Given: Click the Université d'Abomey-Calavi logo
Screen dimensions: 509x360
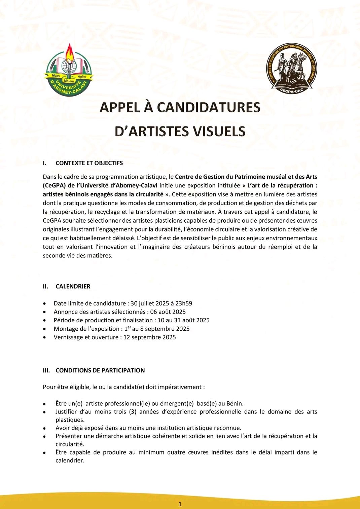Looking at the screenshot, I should click(x=69, y=71).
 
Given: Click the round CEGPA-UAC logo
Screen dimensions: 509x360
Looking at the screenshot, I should click(x=292, y=69).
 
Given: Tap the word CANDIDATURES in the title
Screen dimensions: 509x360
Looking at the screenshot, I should click(x=209, y=107).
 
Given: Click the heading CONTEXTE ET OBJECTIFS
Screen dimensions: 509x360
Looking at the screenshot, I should click(x=89, y=163).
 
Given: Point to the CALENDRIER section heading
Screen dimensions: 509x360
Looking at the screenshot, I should click(x=73, y=287).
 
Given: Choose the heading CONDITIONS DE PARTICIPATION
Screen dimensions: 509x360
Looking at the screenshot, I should click(x=100, y=370).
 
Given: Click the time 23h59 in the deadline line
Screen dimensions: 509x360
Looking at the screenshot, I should click(x=184, y=303).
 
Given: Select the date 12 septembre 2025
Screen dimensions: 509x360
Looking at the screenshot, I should click(x=150, y=337).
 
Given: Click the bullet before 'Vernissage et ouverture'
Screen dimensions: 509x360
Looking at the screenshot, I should click(x=45, y=337).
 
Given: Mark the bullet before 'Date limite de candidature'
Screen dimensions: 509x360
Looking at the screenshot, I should click(x=45, y=303).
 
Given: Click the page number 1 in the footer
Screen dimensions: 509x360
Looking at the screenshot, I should click(x=180, y=504).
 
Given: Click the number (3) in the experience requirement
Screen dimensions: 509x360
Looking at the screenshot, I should click(x=133, y=412).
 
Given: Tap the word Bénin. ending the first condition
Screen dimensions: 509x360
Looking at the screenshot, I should click(x=235, y=403).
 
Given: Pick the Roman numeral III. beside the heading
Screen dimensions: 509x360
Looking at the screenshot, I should click(x=46, y=370).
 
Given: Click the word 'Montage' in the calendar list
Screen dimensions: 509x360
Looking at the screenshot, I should click(x=65, y=329).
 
